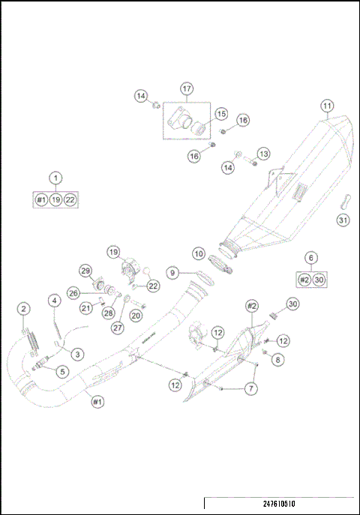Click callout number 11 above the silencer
point(326,106)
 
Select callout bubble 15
point(220,114)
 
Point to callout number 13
point(262,153)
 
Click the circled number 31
point(342,220)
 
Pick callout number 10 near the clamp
point(199,253)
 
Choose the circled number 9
point(172,274)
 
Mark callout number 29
point(85,271)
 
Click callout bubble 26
point(73,292)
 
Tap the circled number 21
point(86,307)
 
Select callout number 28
point(108,313)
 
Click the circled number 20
point(136,316)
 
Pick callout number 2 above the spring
point(24,309)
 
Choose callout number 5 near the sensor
point(61,370)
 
